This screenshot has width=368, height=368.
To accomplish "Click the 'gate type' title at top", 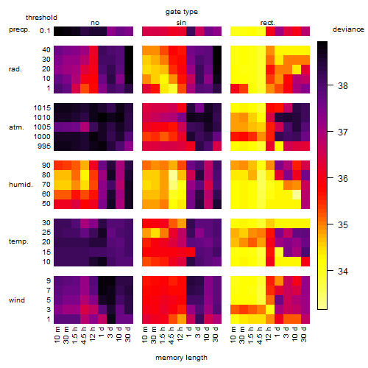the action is (182, 12).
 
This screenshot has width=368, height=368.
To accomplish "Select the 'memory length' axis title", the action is (181, 358).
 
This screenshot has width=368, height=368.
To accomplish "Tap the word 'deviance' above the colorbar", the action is (348, 29).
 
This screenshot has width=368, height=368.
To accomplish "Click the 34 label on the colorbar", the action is (343, 271).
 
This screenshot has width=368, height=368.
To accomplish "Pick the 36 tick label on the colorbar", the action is (343, 178).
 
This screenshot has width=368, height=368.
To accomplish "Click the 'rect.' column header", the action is (267, 23).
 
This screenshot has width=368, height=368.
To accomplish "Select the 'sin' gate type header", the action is (181, 23).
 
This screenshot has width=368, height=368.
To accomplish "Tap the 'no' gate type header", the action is (95, 23).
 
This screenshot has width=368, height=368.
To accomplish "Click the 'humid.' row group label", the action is (21, 185).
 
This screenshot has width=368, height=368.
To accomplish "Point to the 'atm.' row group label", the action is (16, 127).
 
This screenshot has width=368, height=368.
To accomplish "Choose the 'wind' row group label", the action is (17, 300).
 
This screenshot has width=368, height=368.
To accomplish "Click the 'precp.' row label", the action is (19, 29).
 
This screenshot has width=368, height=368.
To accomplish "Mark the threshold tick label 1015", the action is (42, 108).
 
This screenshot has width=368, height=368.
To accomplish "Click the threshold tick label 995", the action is (44, 146).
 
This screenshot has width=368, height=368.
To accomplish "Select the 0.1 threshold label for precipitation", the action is (45, 31).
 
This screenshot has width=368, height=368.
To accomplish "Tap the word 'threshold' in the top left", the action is (41, 18).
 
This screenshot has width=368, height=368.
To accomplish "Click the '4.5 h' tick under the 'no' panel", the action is (84, 335).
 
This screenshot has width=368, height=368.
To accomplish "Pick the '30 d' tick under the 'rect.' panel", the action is (304, 334).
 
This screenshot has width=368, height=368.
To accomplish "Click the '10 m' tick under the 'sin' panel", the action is (146, 334).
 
